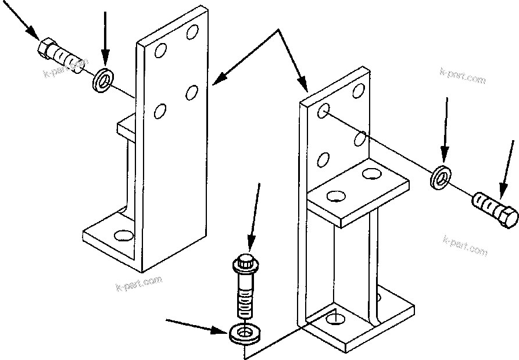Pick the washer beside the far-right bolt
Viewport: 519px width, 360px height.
[x=441, y=177]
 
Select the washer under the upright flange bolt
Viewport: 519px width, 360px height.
[x=245, y=334]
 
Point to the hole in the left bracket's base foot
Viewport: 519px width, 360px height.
[x=123, y=236]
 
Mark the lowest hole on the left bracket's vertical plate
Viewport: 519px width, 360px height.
[x=159, y=111]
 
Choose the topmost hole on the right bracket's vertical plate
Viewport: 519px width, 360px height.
[x=359, y=90]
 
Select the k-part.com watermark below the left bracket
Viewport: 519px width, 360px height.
[x=139, y=284]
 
